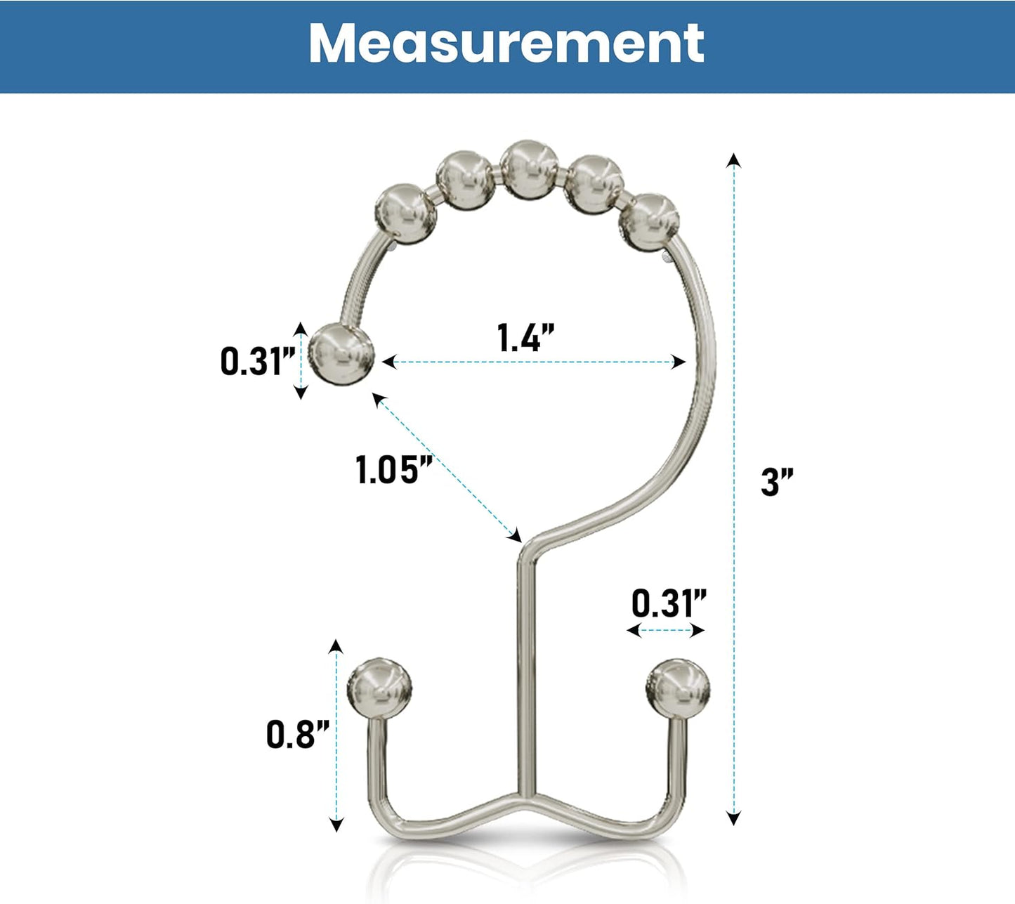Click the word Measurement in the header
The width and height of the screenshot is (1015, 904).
(x=506, y=44)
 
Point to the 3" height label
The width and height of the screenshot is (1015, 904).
(x=777, y=483)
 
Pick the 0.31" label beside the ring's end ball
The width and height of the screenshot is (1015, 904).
(x=258, y=361)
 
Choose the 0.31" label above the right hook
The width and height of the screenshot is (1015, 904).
(x=668, y=603)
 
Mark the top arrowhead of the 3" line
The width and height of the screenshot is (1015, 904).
(x=733, y=159)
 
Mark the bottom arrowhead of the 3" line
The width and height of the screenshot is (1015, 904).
(x=733, y=817)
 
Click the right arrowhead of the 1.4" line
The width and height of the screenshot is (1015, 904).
(x=679, y=362)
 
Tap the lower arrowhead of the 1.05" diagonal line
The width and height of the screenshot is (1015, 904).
(x=516, y=535)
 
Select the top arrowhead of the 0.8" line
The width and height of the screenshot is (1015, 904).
(x=336, y=647)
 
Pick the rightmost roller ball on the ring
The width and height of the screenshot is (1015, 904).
(x=649, y=223)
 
